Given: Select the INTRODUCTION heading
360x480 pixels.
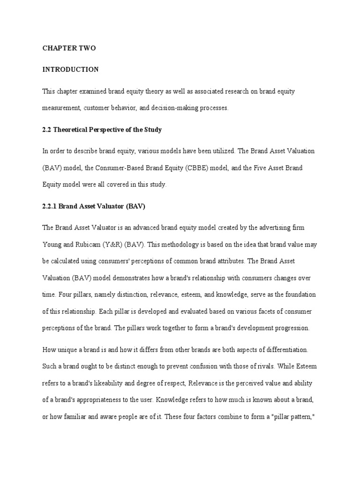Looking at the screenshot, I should pyautogui.click(x=70, y=69).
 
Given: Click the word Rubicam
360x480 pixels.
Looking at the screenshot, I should pyautogui.click(x=82, y=244).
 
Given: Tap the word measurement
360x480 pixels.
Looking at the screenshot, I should pyautogui.click(x=61, y=108).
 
